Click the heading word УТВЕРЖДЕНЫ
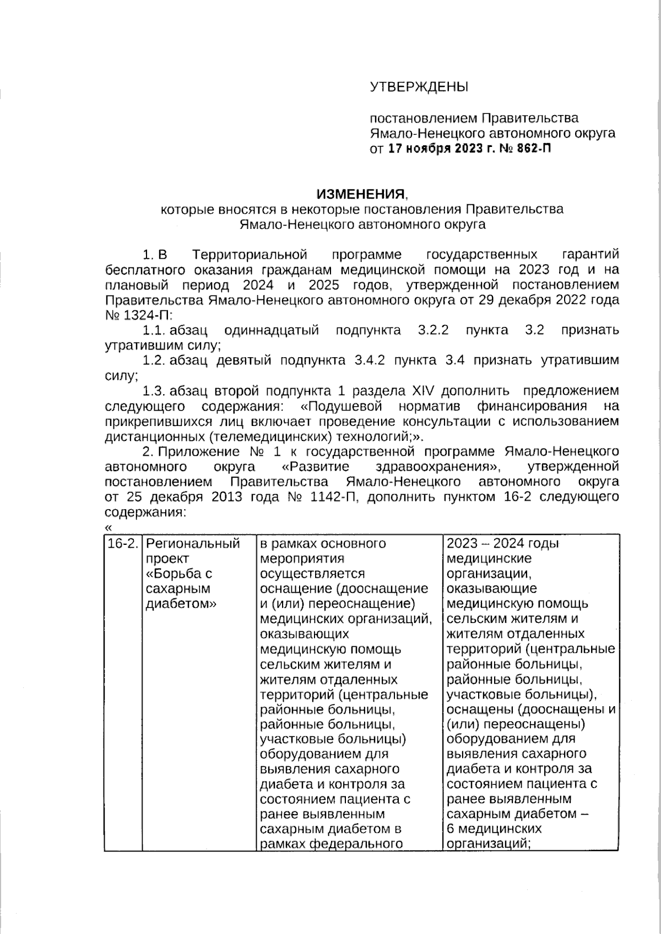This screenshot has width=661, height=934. [x=419, y=87]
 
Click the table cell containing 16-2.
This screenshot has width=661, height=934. [x=122, y=544]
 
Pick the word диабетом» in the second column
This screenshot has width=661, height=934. [x=181, y=604]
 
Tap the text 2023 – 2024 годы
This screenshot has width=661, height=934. [x=502, y=544]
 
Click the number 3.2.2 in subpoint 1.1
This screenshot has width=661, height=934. [x=433, y=330]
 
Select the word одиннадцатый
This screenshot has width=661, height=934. [x=272, y=330]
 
